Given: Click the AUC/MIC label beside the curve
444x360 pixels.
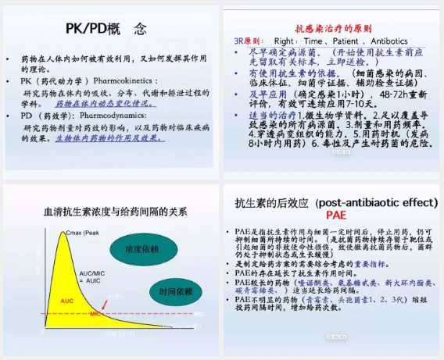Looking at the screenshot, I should coord(91,274).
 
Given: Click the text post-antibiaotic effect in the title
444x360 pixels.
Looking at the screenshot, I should coord(376,202).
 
